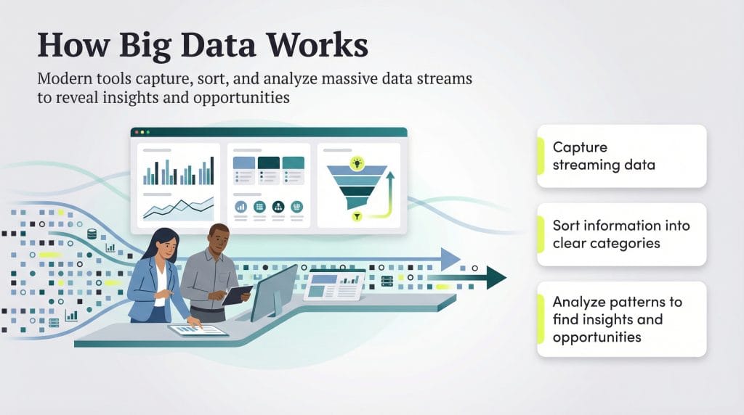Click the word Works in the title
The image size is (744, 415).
point(312,45)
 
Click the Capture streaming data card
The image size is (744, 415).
point(621,156)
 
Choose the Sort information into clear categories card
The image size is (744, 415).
point(621,234)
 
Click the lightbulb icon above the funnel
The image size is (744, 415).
point(356,163)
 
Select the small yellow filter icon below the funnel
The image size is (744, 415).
point(356,216)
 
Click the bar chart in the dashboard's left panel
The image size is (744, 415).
point(179,171)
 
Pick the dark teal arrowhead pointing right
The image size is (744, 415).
point(496,277)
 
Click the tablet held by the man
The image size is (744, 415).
point(236,295)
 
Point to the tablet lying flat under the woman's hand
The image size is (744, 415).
point(198,330)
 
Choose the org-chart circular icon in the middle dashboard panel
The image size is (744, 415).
point(278,207)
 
